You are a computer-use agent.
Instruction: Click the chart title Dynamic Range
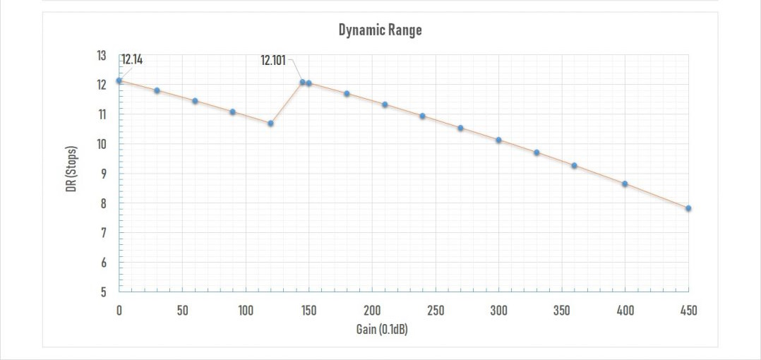click(380, 30)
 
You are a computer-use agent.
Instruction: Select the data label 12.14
click(132, 60)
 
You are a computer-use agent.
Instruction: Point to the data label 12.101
click(273, 61)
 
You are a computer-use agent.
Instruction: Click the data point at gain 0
click(119, 80)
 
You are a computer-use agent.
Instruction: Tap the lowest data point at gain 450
click(688, 208)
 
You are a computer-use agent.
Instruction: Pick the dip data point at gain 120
click(270, 124)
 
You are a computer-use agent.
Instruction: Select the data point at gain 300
click(498, 140)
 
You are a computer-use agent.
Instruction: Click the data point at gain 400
click(625, 184)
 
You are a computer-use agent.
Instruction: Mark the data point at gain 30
click(157, 90)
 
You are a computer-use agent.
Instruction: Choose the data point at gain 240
click(422, 116)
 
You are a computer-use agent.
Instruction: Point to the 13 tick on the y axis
click(101, 55)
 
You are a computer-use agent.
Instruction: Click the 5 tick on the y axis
click(102, 292)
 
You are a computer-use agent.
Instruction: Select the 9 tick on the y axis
click(102, 174)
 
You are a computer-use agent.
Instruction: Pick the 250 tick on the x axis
click(436, 311)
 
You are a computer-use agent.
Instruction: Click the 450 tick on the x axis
click(688, 311)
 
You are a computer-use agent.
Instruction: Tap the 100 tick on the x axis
click(246, 311)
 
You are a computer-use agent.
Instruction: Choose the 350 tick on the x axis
click(562, 311)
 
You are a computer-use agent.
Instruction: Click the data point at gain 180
click(347, 94)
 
